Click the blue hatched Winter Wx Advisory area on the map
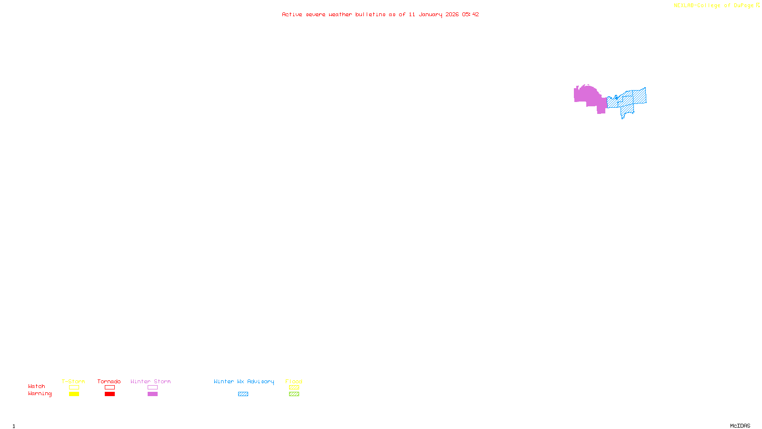click(633, 97)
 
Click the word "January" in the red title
click(431, 14)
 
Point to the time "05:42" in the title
click(471, 14)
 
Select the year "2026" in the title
click(452, 14)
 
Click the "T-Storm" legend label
click(73, 381)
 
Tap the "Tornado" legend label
click(109, 381)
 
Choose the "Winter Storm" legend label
click(150, 381)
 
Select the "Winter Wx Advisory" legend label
click(244, 381)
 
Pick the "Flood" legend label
click(294, 381)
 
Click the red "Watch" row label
click(37, 386)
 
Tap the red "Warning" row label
click(40, 394)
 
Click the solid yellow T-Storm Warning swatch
click(74, 394)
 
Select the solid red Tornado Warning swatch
click(110, 394)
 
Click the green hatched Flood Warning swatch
click(294, 394)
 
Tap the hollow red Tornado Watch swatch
click(110, 388)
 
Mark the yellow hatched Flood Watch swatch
click(294, 388)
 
